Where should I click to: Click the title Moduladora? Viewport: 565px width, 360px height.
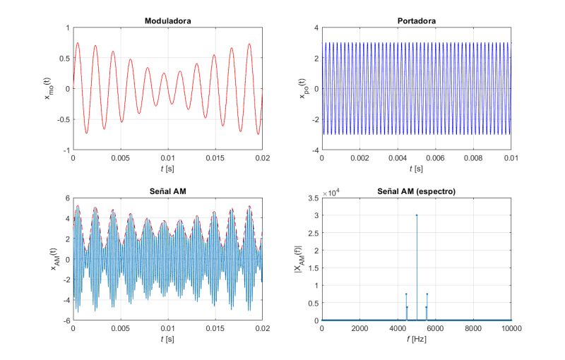pyautogui.click(x=167, y=20)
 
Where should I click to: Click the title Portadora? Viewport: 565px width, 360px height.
pyautogui.click(x=416, y=20)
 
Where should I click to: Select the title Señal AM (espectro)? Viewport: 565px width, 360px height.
pyautogui.click(x=416, y=192)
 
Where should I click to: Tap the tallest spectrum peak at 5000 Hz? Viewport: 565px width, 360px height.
pyautogui.click(x=417, y=215)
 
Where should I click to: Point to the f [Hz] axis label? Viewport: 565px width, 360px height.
pyautogui.click(x=416, y=340)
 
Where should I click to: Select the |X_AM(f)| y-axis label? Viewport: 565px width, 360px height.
pyautogui.click(x=297, y=259)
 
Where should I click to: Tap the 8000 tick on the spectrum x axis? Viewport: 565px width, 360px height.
pyautogui.click(x=473, y=328)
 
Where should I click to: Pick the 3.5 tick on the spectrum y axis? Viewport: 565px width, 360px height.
pyautogui.click(x=311, y=198)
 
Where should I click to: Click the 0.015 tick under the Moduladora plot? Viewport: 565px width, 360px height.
pyautogui.click(x=215, y=158)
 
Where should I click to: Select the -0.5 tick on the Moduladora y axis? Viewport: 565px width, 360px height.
pyautogui.click(x=62, y=119)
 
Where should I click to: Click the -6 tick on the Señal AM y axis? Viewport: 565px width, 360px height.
pyautogui.click(x=65, y=320)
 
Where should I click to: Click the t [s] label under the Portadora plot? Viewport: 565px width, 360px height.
pyautogui.click(x=416, y=169)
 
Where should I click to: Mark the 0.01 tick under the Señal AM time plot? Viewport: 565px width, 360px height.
pyautogui.click(x=167, y=328)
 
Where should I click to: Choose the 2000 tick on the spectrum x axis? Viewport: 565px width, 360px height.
pyautogui.click(x=359, y=328)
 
